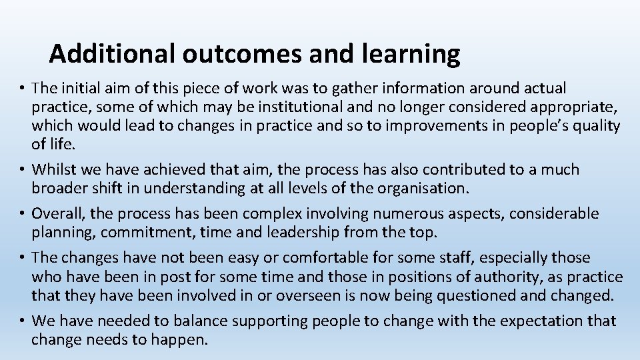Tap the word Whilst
click(x=54, y=170)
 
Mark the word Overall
click(x=55, y=214)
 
